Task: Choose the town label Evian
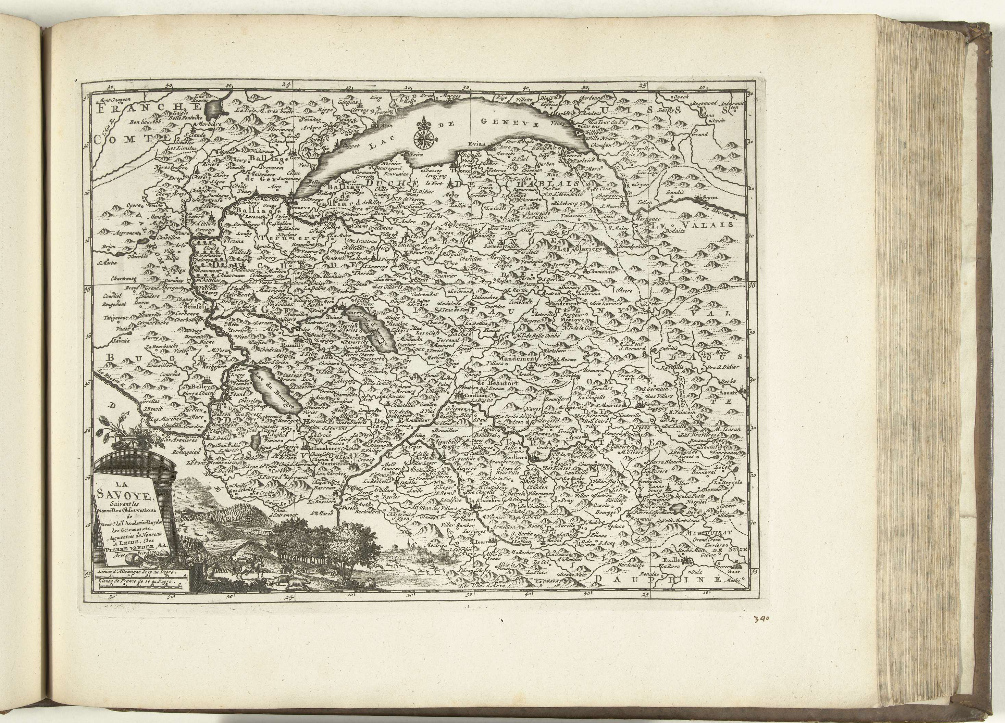pos(477,144)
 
